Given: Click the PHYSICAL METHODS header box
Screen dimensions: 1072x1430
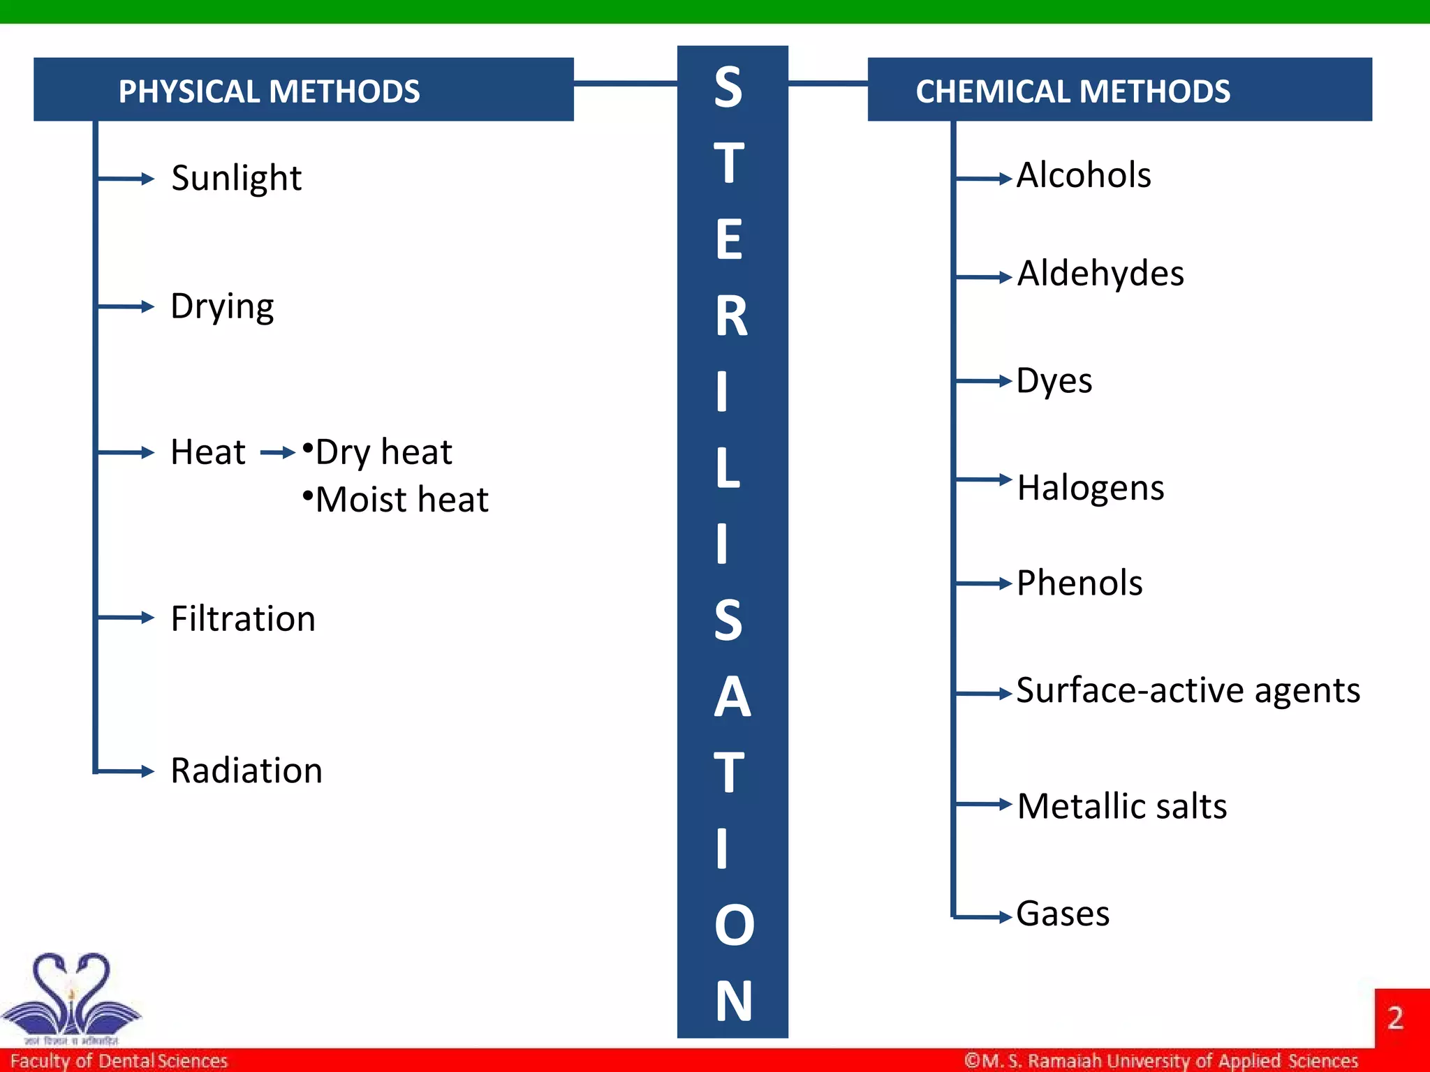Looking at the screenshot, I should pyautogui.click(x=304, y=89).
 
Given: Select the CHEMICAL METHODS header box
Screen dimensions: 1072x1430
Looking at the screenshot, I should pyautogui.click(x=1119, y=89).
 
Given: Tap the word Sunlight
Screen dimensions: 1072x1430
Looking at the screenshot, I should pyautogui.click(x=236, y=179).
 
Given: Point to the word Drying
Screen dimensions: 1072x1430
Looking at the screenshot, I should pyautogui.click(x=222, y=307).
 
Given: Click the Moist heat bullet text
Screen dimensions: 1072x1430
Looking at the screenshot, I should pyautogui.click(x=401, y=500).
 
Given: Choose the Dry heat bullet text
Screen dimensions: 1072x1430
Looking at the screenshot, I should pyautogui.click(x=383, y=452).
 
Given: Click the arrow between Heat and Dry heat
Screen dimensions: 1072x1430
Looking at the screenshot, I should pyautogui.click(x=278, y=453).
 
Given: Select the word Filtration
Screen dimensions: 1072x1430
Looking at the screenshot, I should pyautogui.click(x=243, y=619).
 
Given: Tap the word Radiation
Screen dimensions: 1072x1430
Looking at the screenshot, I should pyautogui.click(x=246, y=771).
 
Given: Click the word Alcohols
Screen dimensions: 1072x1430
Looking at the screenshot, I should pyautogui.click(x=1084, y=175).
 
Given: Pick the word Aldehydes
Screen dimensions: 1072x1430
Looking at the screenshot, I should pyautogui.click(x=1100, y=274).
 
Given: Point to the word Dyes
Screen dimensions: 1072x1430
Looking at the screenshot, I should pyautogui.click(x=1054, y=382).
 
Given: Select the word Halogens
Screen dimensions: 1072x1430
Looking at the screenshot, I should pyautogui.click(x=1091, y=488).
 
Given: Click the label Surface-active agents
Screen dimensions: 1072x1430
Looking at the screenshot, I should pyautogui.click(x=1188, y=691).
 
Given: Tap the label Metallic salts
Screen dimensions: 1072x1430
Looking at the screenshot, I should pyautogui.click(x=1122, y=806).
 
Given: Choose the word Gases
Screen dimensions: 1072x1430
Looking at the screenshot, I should pyautogui.click(x=1063, y=914).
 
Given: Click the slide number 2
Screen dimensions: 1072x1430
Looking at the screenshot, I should pyautogui.click(x=1395, y=1018).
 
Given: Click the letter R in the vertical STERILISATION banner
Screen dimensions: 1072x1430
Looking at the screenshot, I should pyautogui.click(x=731, y=316).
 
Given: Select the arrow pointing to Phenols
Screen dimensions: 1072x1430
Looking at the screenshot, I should pyautogui.click(x=984, y=583).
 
